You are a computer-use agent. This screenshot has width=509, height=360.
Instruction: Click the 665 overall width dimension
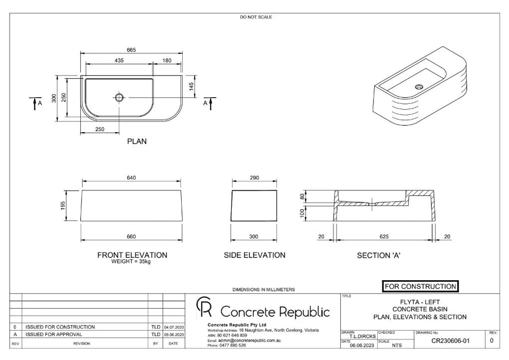point(131,50)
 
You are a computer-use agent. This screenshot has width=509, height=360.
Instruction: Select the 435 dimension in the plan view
point(119,61)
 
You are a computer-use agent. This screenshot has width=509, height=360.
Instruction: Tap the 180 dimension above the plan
point(167,61)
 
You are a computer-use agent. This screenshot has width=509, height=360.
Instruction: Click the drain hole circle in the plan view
point(119,97)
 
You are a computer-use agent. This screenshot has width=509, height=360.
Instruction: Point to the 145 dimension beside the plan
point(191,86)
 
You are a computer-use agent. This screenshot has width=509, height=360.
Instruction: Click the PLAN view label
point(137,141)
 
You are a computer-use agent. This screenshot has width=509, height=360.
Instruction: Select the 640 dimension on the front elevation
point(131,178)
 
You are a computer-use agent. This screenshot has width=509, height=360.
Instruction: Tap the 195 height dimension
point(63,206)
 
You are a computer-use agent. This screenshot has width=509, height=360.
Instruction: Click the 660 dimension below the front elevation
point(131,237)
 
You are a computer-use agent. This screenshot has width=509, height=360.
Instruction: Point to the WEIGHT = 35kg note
point(131,261)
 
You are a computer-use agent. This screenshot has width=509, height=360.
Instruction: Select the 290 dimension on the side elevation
point(254,178)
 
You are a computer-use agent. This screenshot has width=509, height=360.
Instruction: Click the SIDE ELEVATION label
point(254,255)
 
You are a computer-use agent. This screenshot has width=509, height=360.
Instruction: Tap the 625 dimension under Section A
point(384,237)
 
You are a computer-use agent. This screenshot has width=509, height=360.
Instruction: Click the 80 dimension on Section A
point(303,196)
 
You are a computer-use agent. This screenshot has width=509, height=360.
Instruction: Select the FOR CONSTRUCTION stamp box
point(420,286)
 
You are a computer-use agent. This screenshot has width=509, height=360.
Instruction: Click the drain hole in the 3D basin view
point(419,86)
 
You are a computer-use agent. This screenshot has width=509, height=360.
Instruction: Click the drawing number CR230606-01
point(450,341)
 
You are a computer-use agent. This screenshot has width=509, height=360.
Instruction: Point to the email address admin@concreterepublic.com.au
point(249,340)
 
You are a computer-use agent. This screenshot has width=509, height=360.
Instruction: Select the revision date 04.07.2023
point(174,327)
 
